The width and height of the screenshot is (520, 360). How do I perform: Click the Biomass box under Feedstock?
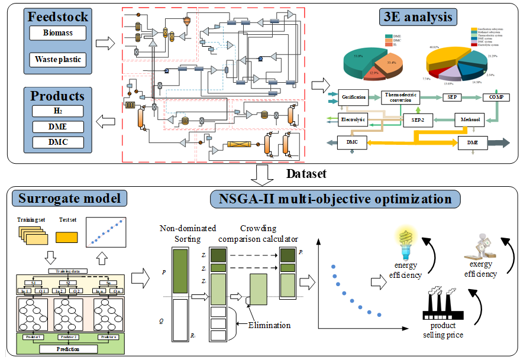[58, 33]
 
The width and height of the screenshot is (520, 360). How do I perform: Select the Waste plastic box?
[58, 60]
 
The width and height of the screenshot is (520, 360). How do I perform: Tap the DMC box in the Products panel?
[58, 142]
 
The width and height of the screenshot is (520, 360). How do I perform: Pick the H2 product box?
[58, 111]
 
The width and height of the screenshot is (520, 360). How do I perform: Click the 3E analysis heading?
[418, 17]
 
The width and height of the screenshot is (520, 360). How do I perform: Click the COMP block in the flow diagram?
[496, 96]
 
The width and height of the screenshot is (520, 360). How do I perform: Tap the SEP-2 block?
[418, 120]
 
